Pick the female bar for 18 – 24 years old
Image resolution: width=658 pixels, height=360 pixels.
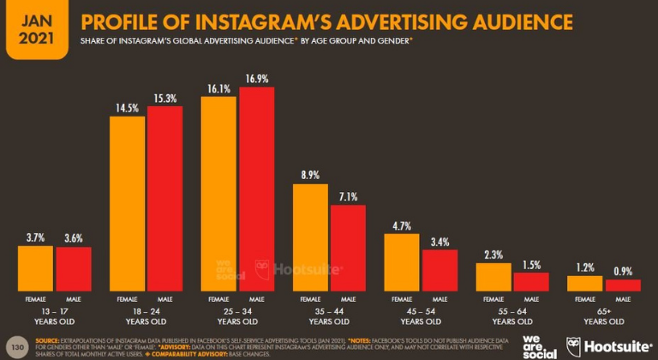click(128, 206)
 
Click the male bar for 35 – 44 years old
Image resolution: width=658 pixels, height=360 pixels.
click(347, 249)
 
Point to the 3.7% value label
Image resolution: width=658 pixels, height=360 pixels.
click(37, 237)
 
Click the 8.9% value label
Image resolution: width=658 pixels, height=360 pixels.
click(311, 174)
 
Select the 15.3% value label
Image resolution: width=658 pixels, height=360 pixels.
click(165, 96)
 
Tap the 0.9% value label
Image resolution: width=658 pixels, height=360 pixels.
click(623, 270)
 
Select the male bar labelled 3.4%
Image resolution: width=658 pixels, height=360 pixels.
click(440, 272)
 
